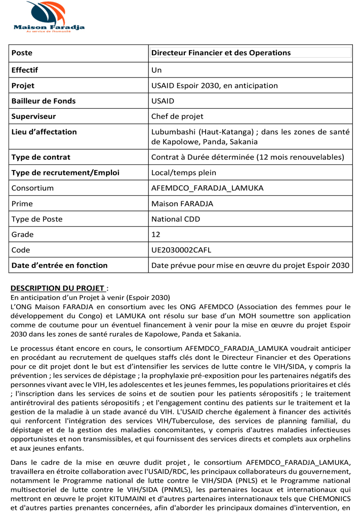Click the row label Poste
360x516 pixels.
22,53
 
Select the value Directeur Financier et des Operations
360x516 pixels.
221,53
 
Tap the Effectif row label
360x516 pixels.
25,70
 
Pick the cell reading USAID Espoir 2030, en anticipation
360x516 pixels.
215,85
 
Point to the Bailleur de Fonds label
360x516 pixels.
44,101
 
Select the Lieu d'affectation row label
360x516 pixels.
44,132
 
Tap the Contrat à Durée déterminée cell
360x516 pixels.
248,157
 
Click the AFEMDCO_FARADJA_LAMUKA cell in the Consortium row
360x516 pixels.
208,188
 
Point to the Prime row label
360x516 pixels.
22,204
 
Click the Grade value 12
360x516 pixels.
156,234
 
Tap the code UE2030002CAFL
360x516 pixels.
181,250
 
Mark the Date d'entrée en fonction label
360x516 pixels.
59,265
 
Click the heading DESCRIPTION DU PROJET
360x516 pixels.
58,288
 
